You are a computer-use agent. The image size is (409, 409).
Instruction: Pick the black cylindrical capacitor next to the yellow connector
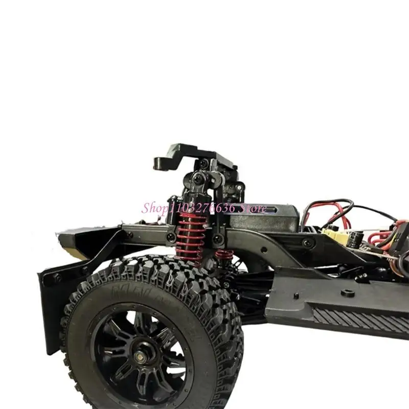(x=356, y=238)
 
